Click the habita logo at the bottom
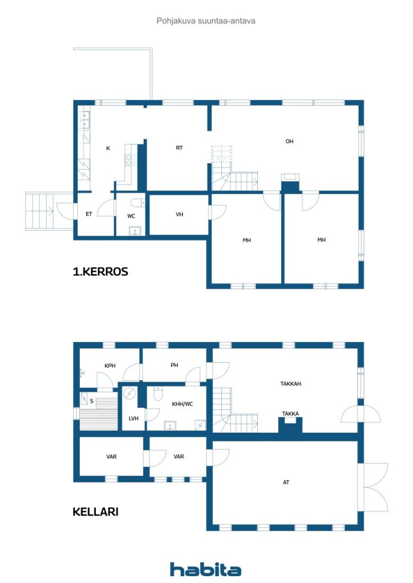tap(205, 569)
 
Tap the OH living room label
tap(289, 141)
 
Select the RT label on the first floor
tap(179, 147)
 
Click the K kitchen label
tap(108, 148)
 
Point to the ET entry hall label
tap(88, 214)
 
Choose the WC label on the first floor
tap(131, 216)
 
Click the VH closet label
tap(180, 214)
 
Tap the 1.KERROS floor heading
tap(100, 272)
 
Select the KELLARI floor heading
tap(95, 512)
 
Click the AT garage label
tap(286, 482)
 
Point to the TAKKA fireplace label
tap(290, 413)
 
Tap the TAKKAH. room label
tap(291, 384)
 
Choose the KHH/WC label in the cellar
tap(183, 404)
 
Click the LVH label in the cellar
tap(133, 418)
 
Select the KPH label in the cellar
tap(110, 366)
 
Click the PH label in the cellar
tap(175, 365)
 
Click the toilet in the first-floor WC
tap(138, 203)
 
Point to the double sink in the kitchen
tap(86, 120)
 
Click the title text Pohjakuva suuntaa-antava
tap(206, 21)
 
